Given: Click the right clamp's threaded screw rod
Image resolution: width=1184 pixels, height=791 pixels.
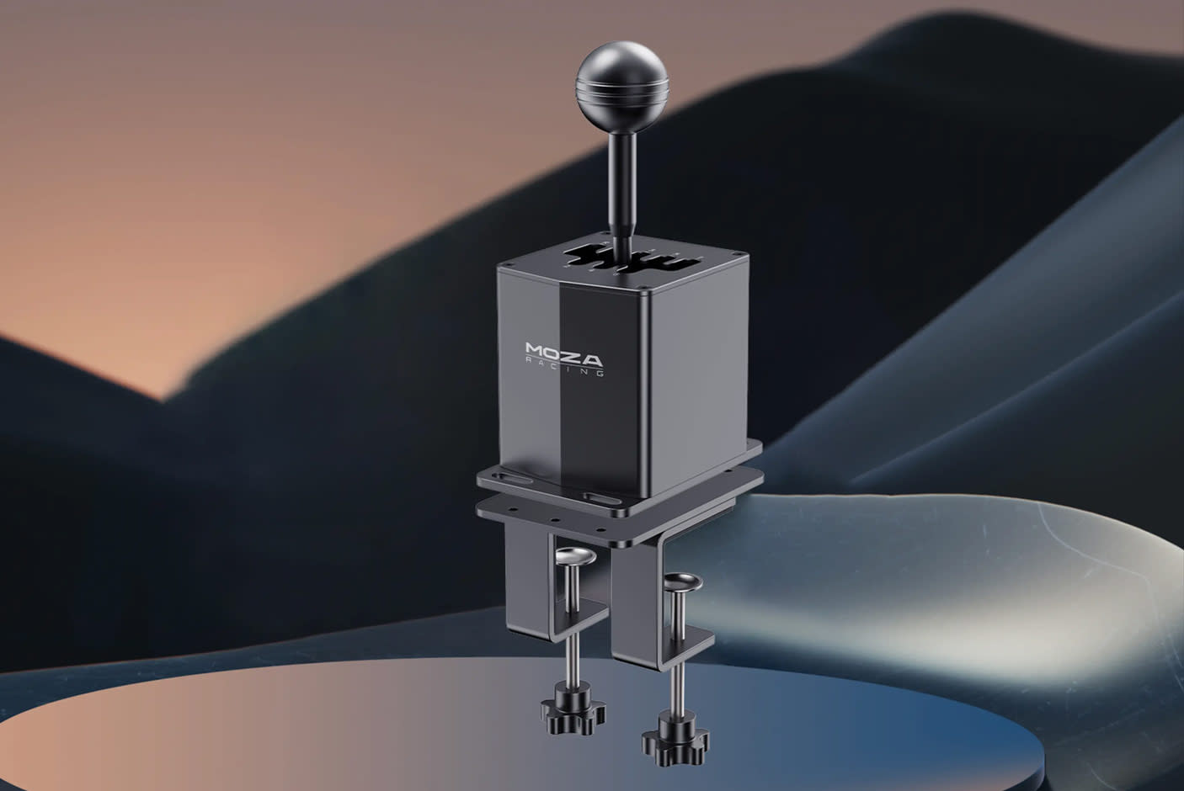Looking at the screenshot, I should point(675,665).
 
